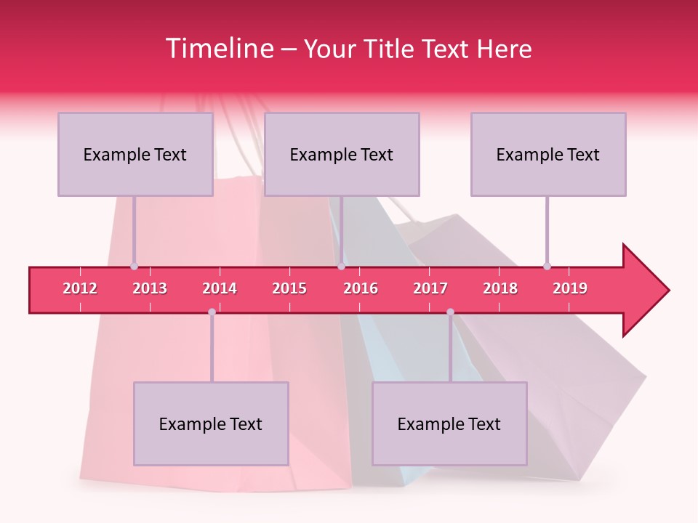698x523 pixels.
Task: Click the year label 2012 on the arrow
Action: pos(80,288)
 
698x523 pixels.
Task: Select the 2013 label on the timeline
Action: pos(150,288)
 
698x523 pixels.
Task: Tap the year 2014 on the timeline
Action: pos(220,288)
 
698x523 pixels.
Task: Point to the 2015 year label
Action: pos(289,288)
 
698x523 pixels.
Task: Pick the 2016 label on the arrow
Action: pos(361,288)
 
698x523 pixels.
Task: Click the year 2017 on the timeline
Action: pos(430,288)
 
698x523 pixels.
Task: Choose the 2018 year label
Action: pos(500,288)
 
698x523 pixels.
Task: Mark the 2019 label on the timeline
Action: pos(570,288)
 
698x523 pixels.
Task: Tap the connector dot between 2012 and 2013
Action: pos(134,266)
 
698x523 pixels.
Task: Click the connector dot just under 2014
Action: pos(212,312)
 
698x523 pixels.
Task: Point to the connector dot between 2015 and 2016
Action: pos(341,266)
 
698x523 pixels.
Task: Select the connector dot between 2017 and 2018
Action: pos(450,312)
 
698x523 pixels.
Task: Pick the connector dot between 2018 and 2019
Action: pos(547,266)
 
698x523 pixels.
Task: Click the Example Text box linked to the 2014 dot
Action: pos(211,423)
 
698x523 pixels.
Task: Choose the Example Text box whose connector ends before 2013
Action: pos(135,154)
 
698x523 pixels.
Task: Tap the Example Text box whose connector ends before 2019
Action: pos(548,154)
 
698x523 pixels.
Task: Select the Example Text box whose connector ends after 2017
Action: pos(449,423)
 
